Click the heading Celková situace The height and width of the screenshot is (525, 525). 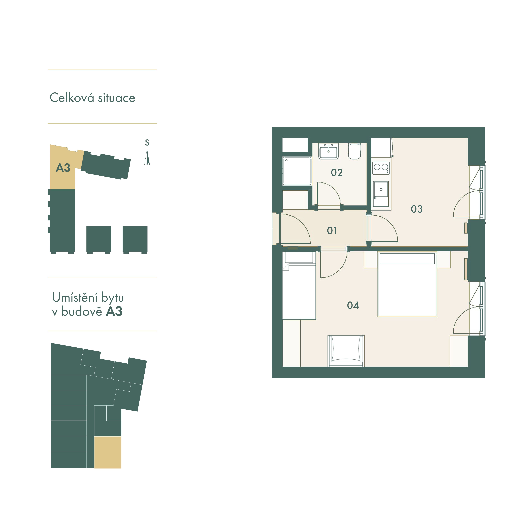click(x=92, y=98)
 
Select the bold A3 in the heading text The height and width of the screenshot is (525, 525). click(x=114, y=311)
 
